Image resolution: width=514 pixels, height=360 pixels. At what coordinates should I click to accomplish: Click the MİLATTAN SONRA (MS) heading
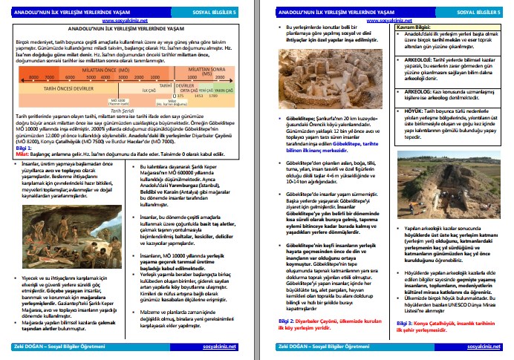(x=201, y=68)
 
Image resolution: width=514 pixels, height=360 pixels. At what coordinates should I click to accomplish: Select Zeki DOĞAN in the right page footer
(x=289, y=347)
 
